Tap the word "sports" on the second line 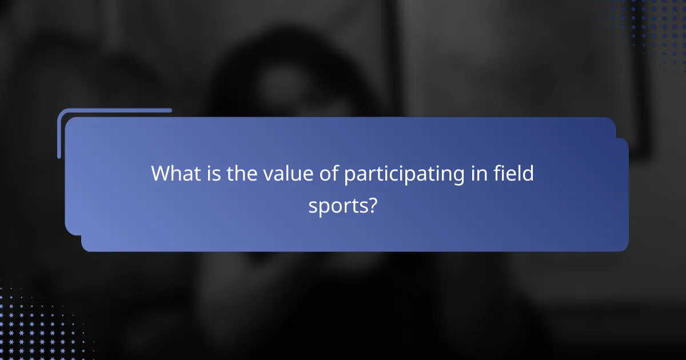pos(336,206)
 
